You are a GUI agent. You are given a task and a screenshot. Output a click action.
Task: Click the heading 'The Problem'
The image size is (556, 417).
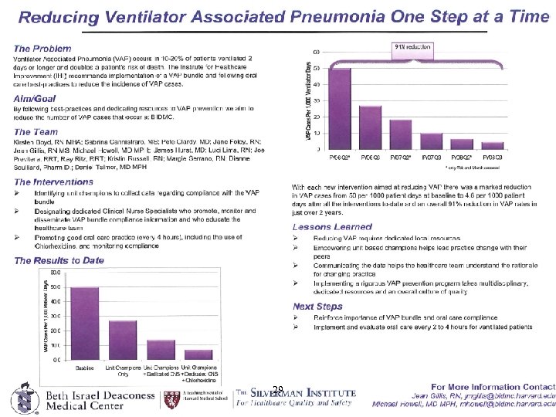click(x=42, y=49)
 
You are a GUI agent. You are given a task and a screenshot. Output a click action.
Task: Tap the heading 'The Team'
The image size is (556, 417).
click(x=36, y=132)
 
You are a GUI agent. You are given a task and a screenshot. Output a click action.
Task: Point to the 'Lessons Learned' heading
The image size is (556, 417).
click(x=332, y=227)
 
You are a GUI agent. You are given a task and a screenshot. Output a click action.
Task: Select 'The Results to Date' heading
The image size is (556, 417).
click(x=59, y=260)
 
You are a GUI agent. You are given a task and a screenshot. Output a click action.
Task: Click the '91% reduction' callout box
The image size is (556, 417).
click(x=413, y=47)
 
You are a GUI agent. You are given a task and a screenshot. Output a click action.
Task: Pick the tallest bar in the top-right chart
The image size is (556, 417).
click(x=340, y=108)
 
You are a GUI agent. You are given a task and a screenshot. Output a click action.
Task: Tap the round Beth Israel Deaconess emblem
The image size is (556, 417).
click(x=22, y=398)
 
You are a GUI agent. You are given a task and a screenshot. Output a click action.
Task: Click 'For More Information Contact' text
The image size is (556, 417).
click(x=493, y=385)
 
